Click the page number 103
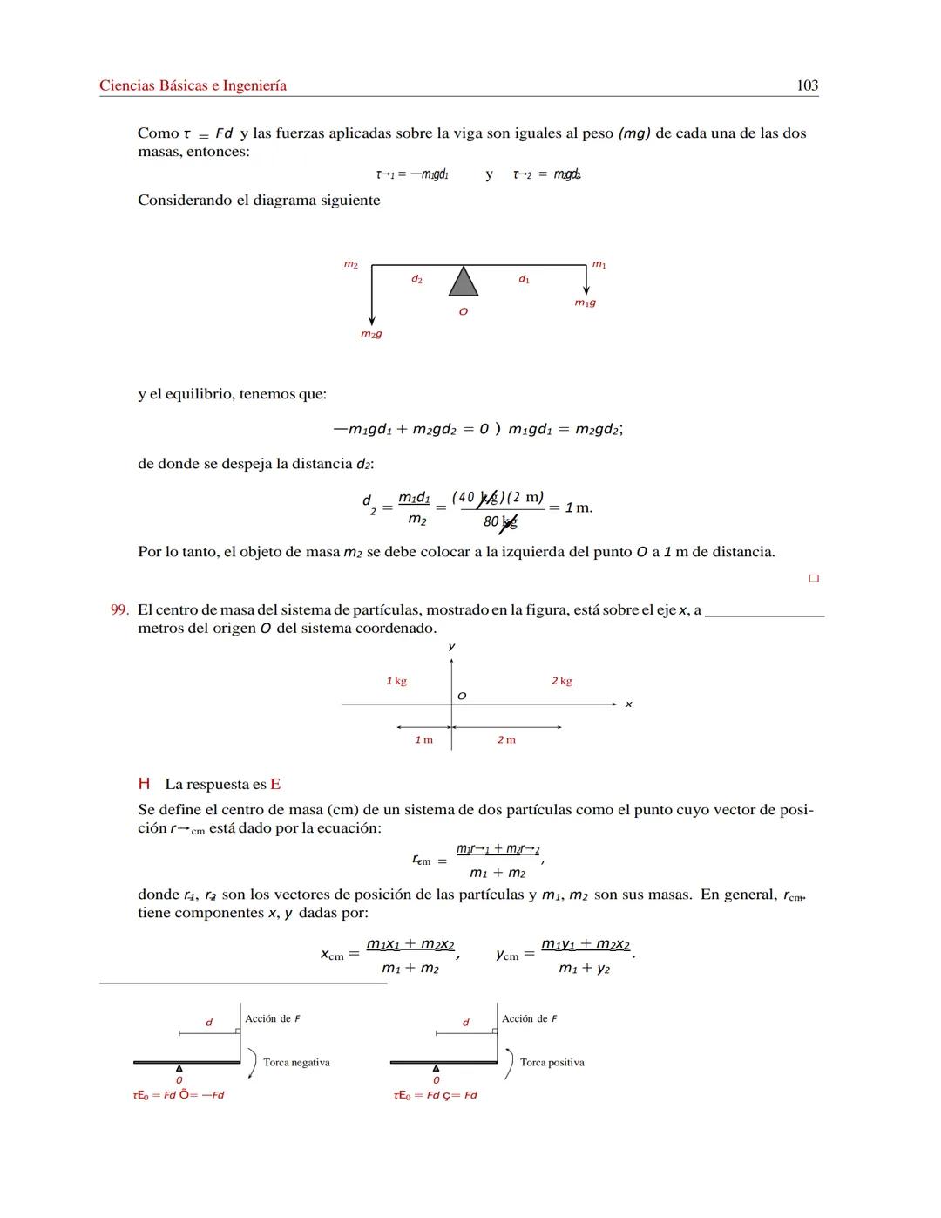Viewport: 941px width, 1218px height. [807, 85]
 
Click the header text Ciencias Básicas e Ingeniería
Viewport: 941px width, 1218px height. [193, 85]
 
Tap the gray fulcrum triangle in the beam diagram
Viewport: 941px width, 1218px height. [464, 282]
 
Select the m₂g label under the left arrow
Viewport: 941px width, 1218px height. [371, 334]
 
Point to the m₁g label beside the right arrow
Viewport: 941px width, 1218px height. [585, 303]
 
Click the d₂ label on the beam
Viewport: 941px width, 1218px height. [416, 279]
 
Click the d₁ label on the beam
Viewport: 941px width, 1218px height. [524, 279]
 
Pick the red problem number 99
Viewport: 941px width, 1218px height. [119, 610]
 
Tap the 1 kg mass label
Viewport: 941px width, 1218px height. [396, 681]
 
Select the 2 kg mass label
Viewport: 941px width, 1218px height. [561, 681]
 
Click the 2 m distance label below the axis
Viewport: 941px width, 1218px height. [506, 740]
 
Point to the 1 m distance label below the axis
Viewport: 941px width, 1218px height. [423, 740]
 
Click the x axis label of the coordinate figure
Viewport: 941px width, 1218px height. [628, 704]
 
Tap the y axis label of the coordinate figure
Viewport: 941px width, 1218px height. [451, 646]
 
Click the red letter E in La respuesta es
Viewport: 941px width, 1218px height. [275, 785]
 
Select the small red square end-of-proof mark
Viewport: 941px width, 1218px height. [814, 578]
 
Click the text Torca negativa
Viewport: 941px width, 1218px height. [296, 1063]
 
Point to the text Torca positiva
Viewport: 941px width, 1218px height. [552, 1063]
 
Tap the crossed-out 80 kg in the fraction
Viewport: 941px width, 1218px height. [500, 522]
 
